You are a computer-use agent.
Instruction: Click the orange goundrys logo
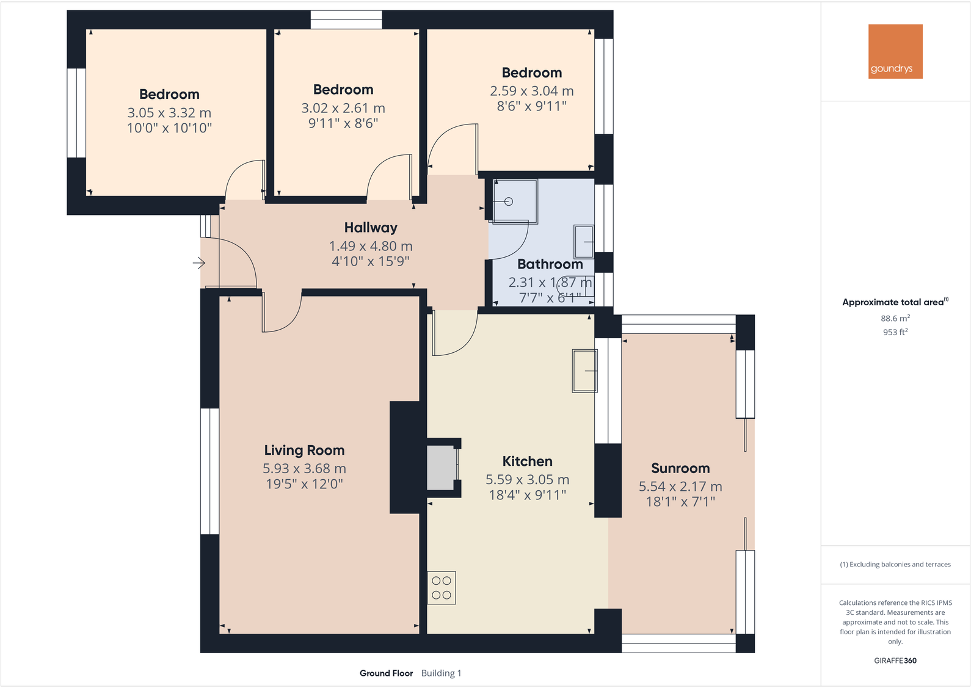[895, 51]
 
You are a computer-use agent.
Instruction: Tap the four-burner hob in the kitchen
[442, 588]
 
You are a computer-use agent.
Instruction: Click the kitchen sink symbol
[584, 371]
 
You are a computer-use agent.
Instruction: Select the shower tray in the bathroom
[515, 201]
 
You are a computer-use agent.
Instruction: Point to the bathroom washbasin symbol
[584, 242]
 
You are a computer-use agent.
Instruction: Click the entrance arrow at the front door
[199, 263]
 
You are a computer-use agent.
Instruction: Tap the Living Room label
[304, 451]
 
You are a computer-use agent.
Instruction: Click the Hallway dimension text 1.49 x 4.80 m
[371, 246]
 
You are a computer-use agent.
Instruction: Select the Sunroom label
[680, 468]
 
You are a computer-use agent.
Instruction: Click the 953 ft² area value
[895, 332]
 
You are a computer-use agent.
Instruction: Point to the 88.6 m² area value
[895, 318]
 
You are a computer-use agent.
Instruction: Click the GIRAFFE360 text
[895, 661]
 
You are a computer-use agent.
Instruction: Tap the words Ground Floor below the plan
[386, 673]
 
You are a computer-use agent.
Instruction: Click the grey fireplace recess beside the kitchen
[441, 468]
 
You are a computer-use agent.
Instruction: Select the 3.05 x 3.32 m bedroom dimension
[169, 113]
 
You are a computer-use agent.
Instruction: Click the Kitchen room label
[527, 462]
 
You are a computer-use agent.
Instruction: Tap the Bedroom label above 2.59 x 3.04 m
[532, 73]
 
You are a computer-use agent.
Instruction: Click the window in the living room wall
[209, 471]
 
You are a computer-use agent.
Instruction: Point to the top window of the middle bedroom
[346, 20]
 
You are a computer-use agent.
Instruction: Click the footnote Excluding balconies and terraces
[895, 565]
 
